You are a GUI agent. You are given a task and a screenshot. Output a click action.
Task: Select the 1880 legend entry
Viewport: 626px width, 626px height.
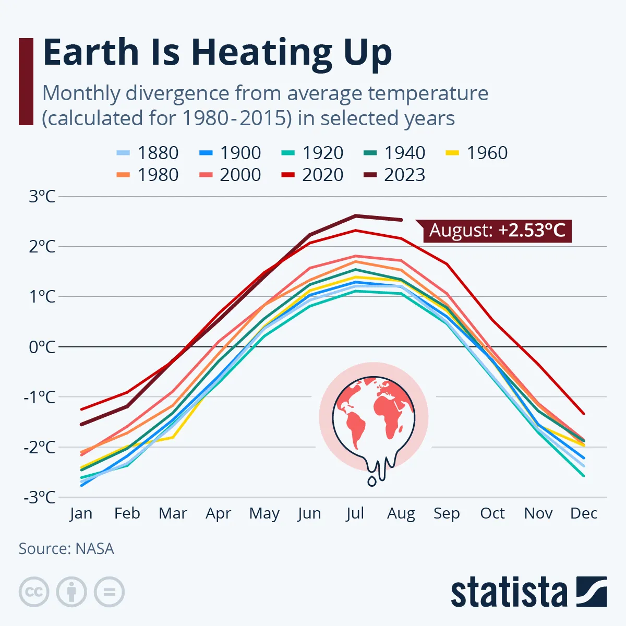point(147,153)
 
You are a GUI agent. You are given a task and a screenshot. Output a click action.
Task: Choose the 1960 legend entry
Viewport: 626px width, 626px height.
point(476,153)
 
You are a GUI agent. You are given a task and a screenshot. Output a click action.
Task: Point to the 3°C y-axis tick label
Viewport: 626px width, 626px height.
point(42,197)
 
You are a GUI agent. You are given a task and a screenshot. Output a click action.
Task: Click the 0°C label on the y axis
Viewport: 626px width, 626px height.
point(42,347)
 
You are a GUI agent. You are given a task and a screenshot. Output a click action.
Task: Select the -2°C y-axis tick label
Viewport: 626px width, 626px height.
point(40,447)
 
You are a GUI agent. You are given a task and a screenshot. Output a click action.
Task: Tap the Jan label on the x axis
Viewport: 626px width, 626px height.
point(81,513)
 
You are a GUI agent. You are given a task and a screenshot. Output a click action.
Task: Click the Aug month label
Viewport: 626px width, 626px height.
point(401,514)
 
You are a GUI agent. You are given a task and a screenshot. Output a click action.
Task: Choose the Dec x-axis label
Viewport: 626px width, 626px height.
point(584,513)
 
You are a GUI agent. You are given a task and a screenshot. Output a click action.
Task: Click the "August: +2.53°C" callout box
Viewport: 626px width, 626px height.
point(497,230)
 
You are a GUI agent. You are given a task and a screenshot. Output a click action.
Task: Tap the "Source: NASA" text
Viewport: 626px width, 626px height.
point(66,549)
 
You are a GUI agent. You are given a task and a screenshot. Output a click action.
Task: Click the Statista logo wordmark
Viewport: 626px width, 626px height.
point(509,593)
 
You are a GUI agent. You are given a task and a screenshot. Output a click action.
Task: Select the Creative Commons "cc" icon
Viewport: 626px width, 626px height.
point(34,592)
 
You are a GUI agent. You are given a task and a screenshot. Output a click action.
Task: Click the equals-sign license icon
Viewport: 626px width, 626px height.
point(110,592)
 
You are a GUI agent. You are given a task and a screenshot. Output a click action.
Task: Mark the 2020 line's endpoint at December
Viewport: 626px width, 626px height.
point(584,414)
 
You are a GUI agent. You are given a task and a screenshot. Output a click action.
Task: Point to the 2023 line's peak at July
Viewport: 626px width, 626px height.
point(355,215)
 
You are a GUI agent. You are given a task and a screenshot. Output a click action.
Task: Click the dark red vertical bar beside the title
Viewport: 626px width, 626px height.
point(26,81)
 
